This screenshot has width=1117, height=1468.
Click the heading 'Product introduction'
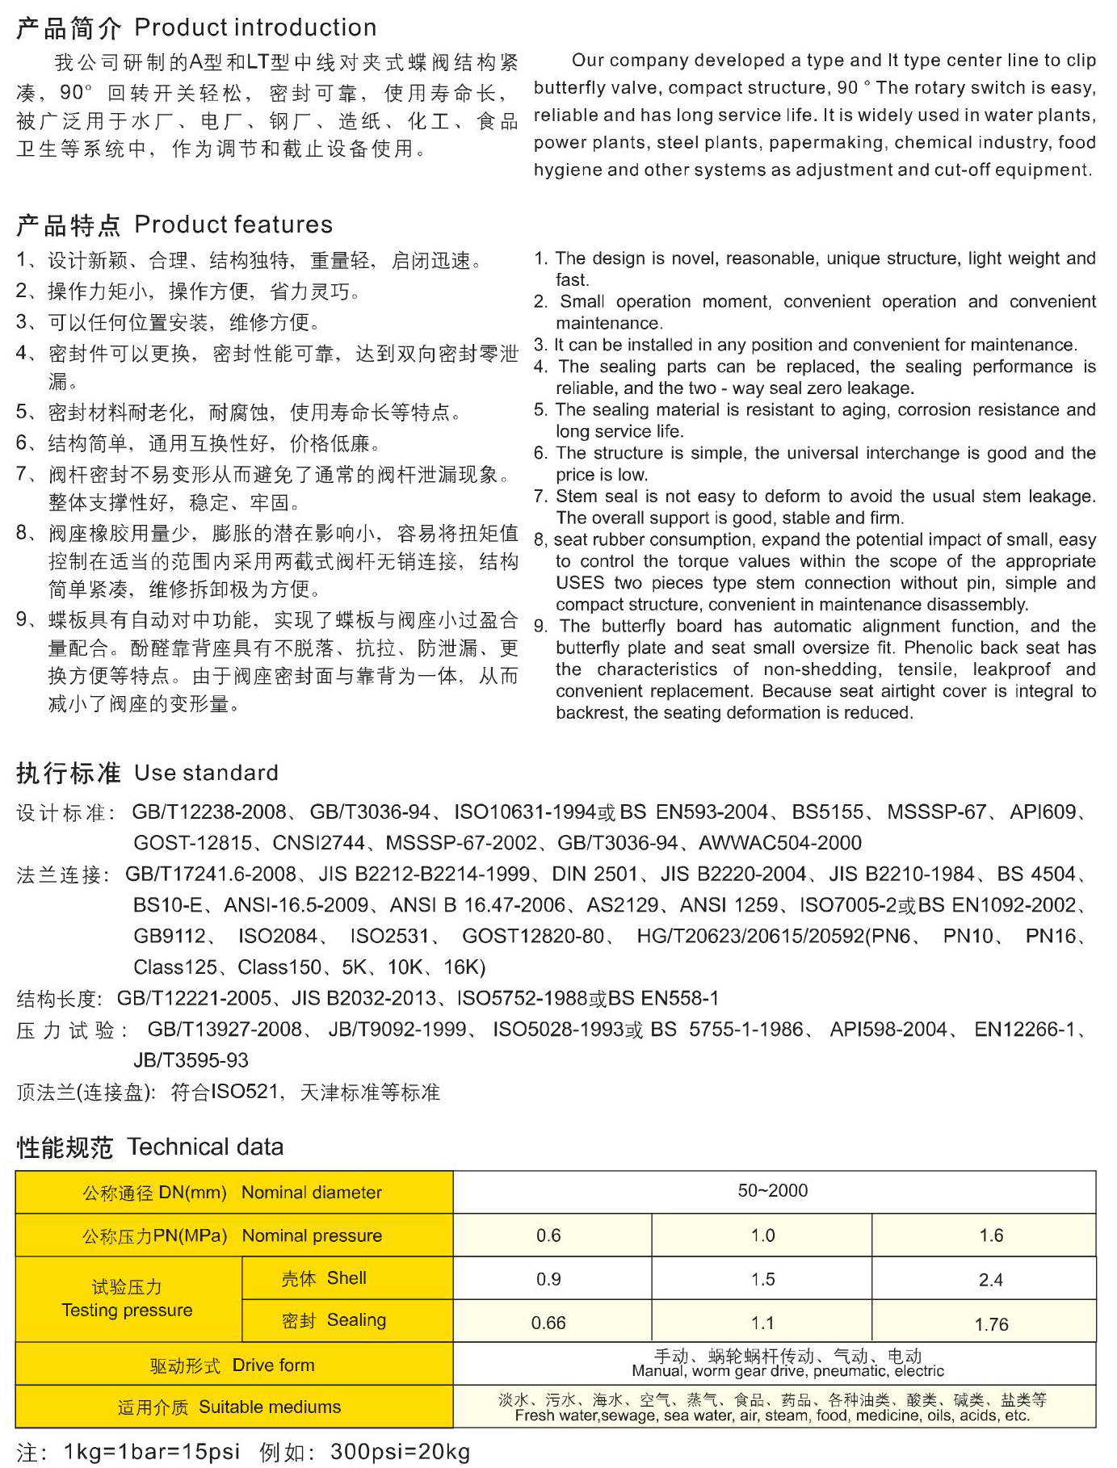click(x=255, y=27)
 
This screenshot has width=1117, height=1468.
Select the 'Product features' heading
click(x=233, y=224)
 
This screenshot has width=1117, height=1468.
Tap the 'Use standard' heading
click(x=206, y=773)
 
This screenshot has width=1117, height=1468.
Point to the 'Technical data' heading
click(x=205, y=1147)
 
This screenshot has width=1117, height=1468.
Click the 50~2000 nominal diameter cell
click(x=773, y=1190)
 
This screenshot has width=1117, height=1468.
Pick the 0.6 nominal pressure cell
click(x=548, y=1235)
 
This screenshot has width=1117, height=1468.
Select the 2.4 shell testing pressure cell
click(x=990, y=1279)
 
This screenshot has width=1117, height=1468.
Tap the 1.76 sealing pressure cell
click(x=991, y=1324)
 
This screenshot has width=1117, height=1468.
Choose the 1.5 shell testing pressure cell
click(x=762, y=1279)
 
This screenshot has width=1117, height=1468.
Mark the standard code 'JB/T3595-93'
click(x=191, y=1060)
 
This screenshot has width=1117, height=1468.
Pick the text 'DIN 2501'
click(x=595, y=874)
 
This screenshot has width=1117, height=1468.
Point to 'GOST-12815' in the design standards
click(x=192, y=843)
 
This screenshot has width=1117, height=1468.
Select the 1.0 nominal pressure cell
click(x=762, y=1235)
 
